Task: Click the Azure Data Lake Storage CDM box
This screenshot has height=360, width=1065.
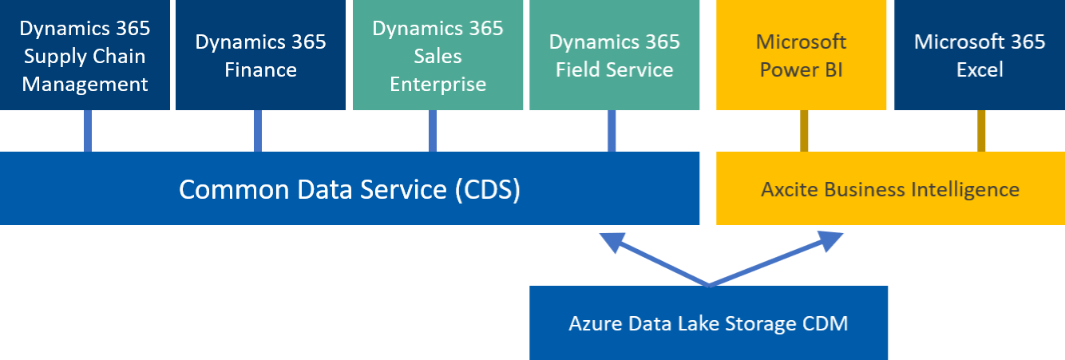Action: pos(709,322)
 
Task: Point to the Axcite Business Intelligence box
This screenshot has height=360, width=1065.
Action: pos(890,188)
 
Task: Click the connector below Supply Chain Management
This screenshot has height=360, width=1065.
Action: pos(88,130)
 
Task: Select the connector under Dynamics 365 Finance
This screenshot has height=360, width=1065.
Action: pos(258,130)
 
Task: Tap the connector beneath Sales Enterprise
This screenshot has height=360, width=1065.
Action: pos(433,130)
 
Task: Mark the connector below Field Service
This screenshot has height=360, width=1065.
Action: pos(612,130)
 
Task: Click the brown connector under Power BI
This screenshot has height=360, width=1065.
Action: pos(805,130)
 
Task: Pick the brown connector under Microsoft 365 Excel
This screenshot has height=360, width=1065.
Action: pos(982,130)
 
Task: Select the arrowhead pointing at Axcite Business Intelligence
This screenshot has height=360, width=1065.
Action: pos(830,239)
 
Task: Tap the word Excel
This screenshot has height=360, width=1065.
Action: pos(980,70)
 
